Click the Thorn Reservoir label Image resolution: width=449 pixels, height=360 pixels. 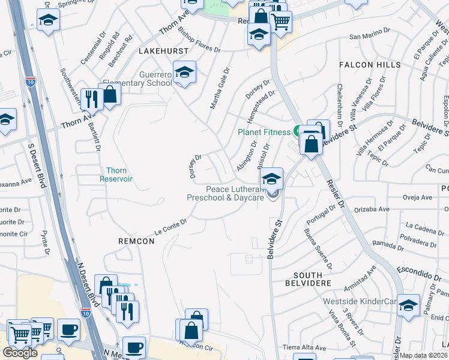tap(116, 175)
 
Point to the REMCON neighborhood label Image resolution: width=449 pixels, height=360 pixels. tap(136, 241)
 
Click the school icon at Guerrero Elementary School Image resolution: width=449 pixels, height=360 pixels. tap(185, 73)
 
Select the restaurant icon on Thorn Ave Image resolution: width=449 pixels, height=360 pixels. tap(91, 99)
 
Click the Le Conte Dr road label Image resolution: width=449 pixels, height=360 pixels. tap(171, 226)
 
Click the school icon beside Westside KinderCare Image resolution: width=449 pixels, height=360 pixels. tap(408, 305)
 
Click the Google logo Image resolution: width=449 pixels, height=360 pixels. tap(20, 352)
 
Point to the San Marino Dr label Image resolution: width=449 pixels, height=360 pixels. tap(366, 36)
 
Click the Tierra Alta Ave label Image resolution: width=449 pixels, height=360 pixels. tap(304, 347)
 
